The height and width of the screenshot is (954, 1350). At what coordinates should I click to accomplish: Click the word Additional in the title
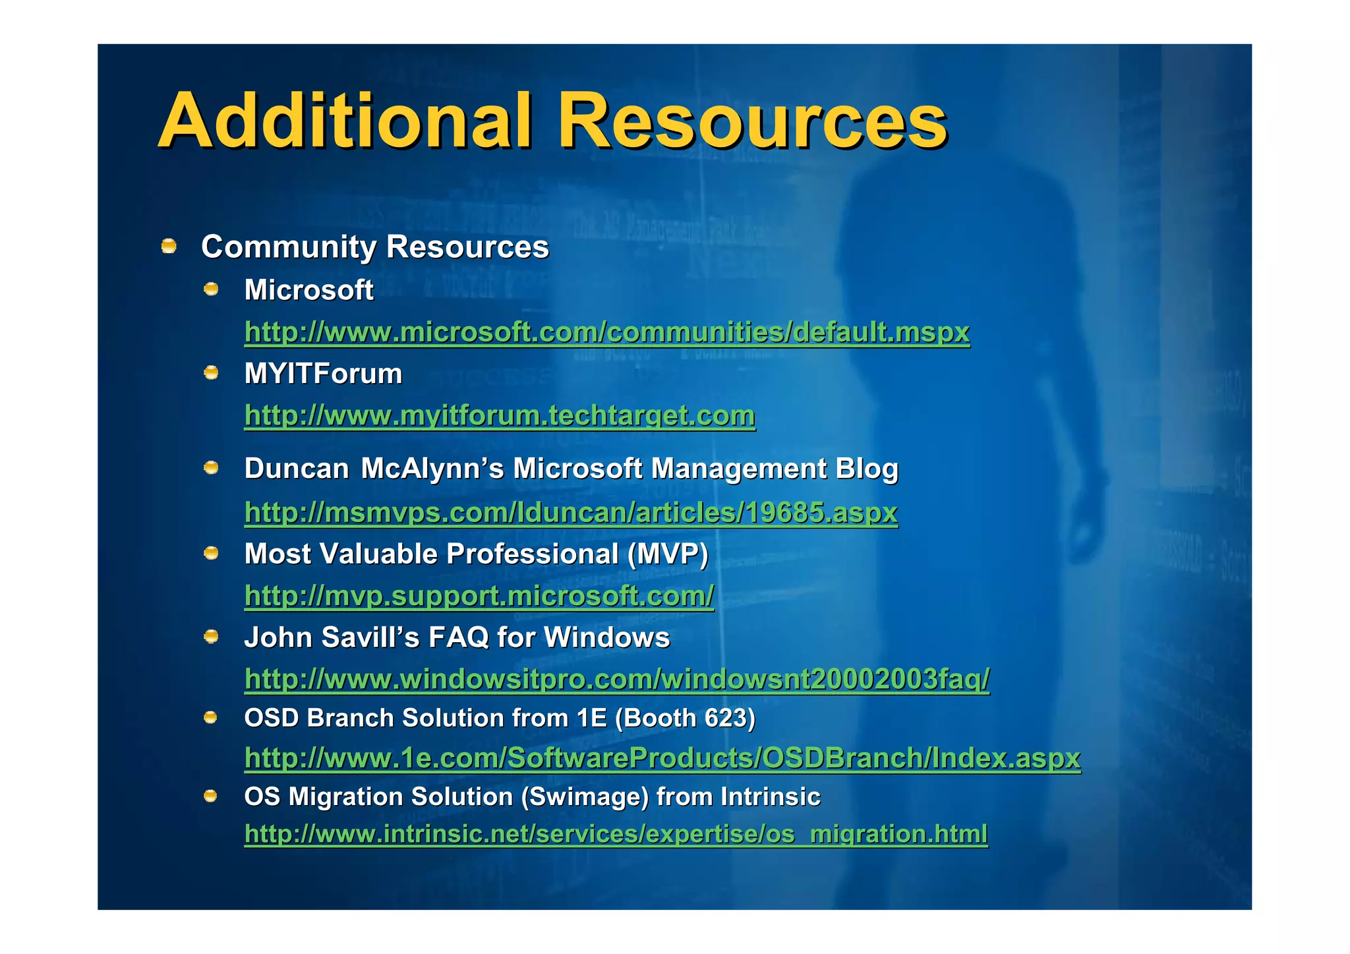[345, 121]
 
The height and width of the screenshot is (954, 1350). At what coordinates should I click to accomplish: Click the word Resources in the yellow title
[752, 121]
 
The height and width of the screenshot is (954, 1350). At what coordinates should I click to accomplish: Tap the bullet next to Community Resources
[169, 247]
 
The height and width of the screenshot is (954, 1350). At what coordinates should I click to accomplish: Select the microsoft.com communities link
[606, 332]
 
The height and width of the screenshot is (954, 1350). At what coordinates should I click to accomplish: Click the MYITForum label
[323, 374]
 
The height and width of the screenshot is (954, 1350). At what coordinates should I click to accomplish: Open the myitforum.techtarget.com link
[499, 415]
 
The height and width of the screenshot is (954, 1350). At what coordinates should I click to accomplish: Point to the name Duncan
[296, 469]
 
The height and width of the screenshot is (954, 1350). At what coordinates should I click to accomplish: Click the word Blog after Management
[866, 469]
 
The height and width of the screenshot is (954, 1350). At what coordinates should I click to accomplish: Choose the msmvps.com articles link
[571, 512]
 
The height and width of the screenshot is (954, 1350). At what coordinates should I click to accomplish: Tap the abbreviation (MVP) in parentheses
[667, 554]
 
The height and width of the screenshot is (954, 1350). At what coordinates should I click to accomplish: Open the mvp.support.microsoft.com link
[479, 596]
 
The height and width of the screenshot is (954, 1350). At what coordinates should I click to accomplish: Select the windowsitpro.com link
[616, 679]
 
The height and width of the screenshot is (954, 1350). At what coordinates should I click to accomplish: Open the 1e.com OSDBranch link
[662, 758]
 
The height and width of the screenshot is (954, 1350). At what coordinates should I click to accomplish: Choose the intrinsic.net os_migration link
[616, 834]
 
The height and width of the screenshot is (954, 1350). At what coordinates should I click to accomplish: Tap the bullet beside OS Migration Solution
[210, 796]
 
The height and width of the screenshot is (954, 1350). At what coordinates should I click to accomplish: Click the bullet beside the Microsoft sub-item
[211, 289]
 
